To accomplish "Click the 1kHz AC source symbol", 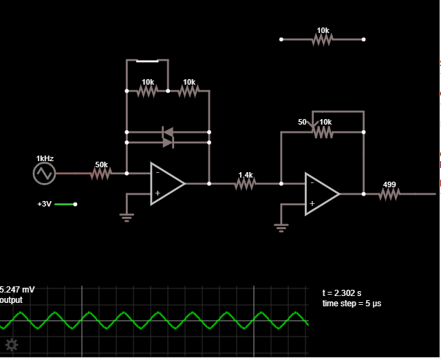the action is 45,173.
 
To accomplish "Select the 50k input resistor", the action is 101,173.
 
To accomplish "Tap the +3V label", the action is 44,204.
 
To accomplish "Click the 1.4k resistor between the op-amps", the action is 245,184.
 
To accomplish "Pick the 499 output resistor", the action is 389,194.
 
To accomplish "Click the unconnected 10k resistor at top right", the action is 322,39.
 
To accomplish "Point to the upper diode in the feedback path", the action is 168,132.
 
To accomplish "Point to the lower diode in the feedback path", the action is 168,142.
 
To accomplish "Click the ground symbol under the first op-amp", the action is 127,218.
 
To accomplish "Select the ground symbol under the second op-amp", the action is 281,228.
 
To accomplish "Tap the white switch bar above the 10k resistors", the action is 147,61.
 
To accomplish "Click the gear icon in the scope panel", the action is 12,345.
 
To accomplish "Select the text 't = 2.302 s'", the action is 342,293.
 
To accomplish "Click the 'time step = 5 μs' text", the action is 352,304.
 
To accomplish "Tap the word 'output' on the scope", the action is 11,300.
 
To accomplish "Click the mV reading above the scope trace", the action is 17,290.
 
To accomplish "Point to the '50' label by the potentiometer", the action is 302,122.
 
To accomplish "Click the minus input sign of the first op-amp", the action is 158,172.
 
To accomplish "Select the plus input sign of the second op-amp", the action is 312,203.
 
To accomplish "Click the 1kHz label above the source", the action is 45,158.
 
